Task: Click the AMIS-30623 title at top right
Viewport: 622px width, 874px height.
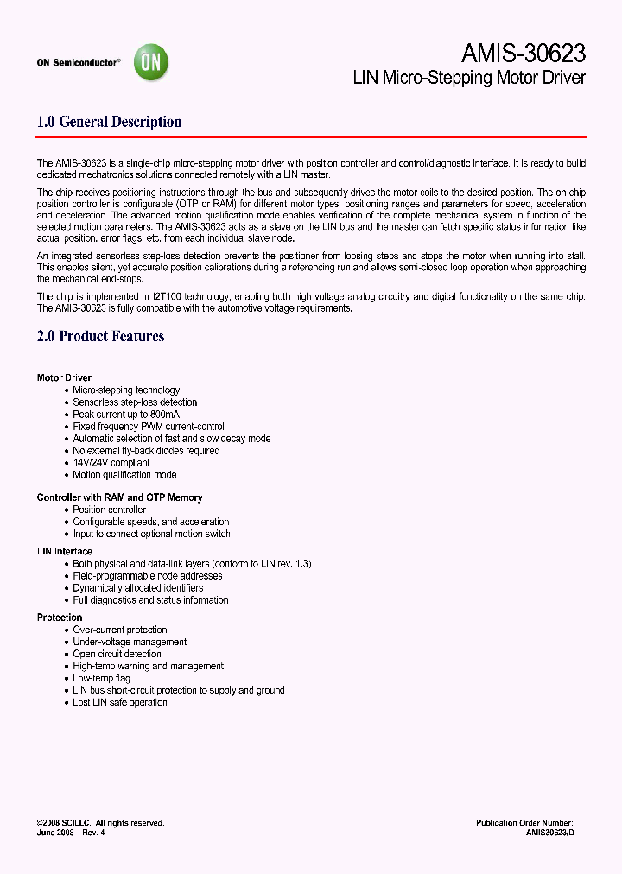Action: click(x=523, y=54)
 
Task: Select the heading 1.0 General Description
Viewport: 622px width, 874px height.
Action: click(x=109, y=122)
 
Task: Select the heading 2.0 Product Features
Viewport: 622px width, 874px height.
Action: click(x=100, y=336)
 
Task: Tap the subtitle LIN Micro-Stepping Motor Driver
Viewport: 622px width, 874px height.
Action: click(x=469, y=78)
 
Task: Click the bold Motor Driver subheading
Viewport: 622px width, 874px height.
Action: click(x=64, y=377)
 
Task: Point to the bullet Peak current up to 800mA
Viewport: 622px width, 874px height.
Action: click(x=125, y=415)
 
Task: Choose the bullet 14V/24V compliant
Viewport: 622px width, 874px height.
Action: click(x=111, y=463)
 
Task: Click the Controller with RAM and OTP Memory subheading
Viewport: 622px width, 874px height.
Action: click(x=119, y=497)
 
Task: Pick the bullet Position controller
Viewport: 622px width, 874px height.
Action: click(x=109, y=510)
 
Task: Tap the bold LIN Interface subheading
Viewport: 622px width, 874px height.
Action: click(x=64, y=551)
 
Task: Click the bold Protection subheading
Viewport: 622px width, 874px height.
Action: click(x=60, y=617)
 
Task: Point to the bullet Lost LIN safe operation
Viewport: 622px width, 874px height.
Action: click(x=120, y=702)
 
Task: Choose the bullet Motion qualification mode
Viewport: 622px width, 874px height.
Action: click(x=124, y=475)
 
